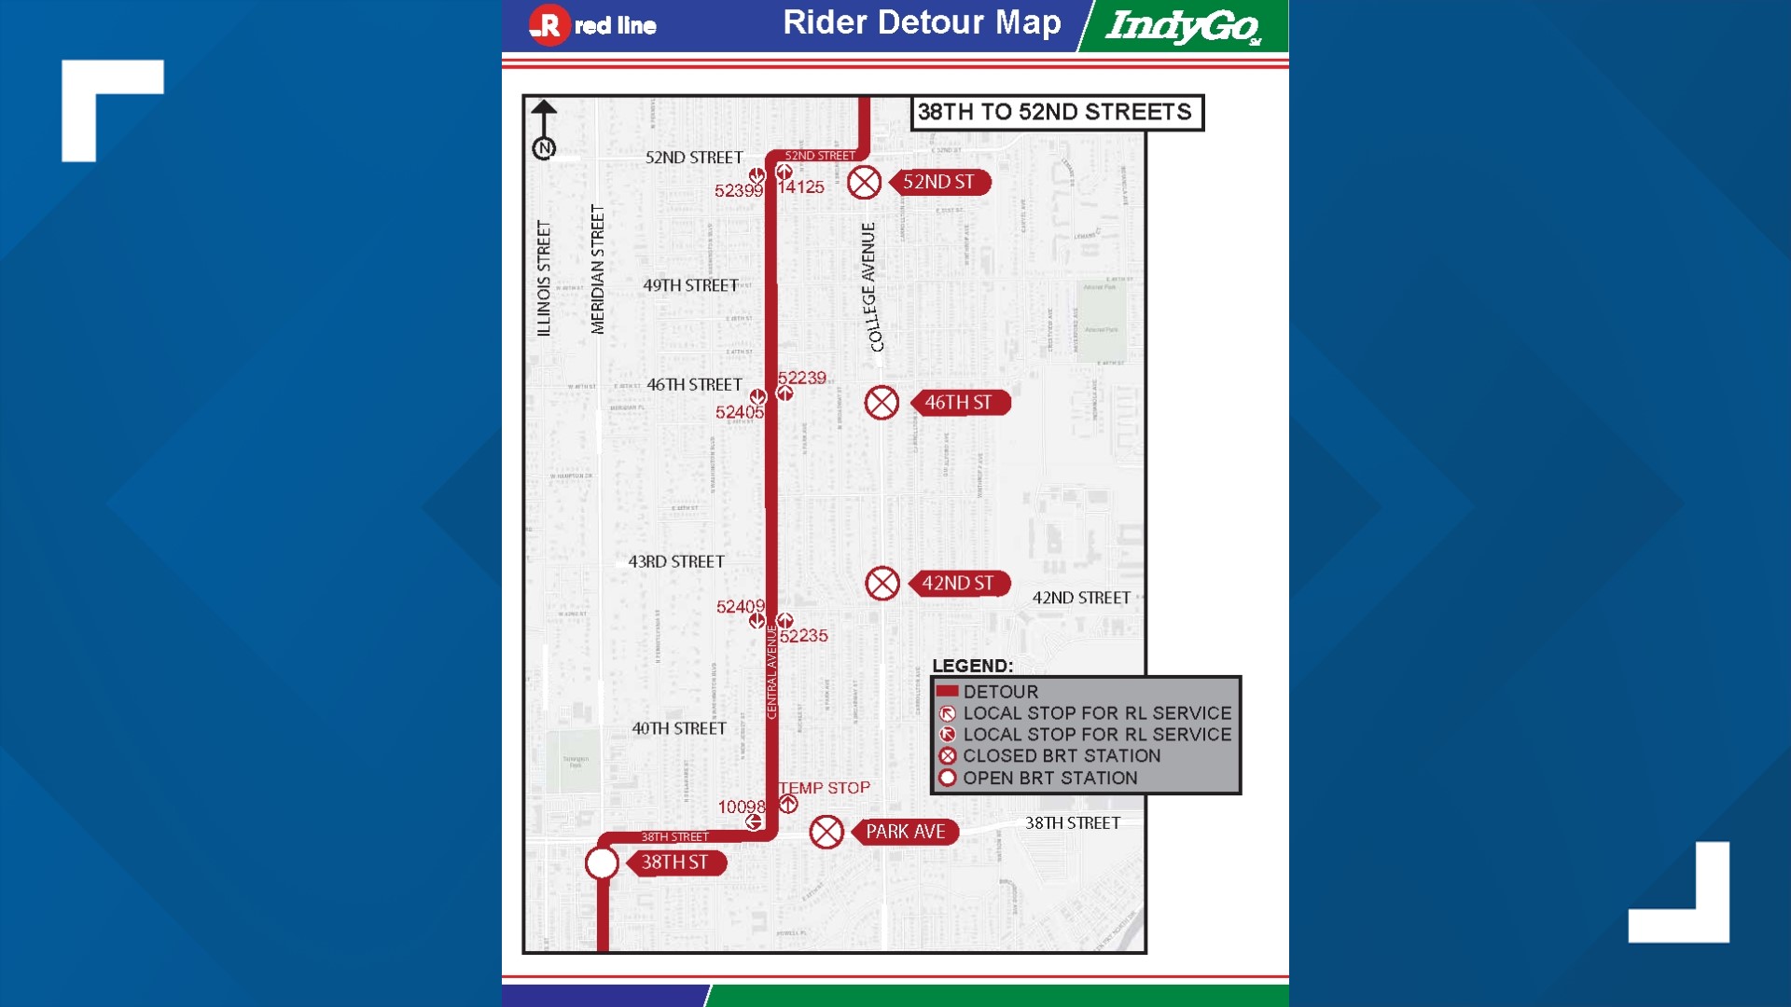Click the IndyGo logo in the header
pos(1183,26)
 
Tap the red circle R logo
pos(548,25)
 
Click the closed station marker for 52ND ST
pos(864,183)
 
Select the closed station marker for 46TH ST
pos(882,403)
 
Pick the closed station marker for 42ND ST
pos(882,584)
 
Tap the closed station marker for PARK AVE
pos(826,832)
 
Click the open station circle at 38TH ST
pos(602,863)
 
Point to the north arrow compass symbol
pos(544,131)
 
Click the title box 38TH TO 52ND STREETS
pos(1057,113)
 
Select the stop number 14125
pos(801,187)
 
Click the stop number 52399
pos(738,191)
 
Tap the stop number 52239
pos(802,378)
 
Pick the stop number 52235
pos(804,636)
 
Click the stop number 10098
pos(741,807)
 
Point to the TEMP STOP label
pos(825,788)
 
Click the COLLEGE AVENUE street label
pos(870,287)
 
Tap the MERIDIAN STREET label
pos(598,269)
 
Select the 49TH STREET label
pos(690,285)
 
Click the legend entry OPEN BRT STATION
pos(1049,778)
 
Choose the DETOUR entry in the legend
pos(1000,692)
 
